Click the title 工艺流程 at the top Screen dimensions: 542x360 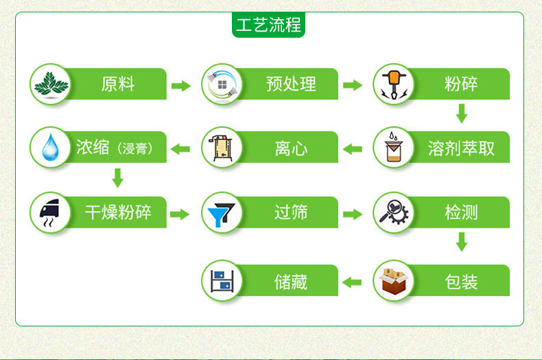[x=268, y=25]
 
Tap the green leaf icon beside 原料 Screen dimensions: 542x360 [x=51, y=84]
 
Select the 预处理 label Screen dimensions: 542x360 [x=291, y=84]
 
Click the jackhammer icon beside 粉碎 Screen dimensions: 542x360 [x=394, y=84]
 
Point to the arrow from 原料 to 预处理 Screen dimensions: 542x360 [x=181, y=85]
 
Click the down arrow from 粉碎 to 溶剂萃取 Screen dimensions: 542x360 [x=462, y=113]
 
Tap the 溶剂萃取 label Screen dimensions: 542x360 [x=461, y=149]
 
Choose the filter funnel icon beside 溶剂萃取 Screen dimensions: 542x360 [x=393, y=147]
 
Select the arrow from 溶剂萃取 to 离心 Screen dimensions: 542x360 [x=352, y=149]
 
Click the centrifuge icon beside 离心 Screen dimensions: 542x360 [x=222, y=148]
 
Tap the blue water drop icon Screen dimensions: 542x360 [x=51, y=147]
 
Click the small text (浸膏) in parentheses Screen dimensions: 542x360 [x=134, y=149]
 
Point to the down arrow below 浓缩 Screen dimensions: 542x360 [x=118, y=178]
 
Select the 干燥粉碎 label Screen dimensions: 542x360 [x=118, y=212]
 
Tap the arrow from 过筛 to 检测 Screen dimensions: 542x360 [x=353, y=214]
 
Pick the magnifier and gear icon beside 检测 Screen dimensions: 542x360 [x=394, y=212]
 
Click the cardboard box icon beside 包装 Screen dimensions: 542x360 [x=394, y=281]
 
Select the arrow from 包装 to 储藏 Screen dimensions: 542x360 [x=351, y=283]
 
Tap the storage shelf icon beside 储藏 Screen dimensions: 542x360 [x=222, y=280]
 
